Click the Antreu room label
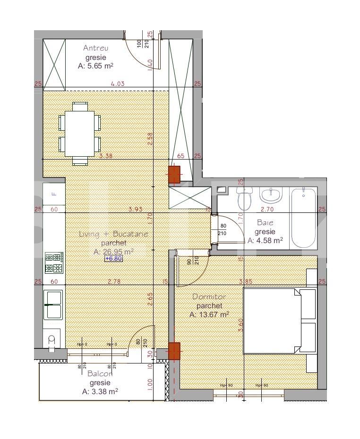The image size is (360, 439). point(96,48)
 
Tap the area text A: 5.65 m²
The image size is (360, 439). point(95,67)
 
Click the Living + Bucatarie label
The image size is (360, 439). point(113,234)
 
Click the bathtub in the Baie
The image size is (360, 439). point(302,217)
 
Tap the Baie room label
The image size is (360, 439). point(265,222)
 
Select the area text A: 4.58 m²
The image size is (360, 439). point(265,240)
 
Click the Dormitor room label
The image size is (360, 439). point(209,297)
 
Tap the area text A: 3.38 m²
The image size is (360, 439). point(100,391)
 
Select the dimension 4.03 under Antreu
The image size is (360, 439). point(118,84)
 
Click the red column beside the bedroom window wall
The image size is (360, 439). point(174,351)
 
